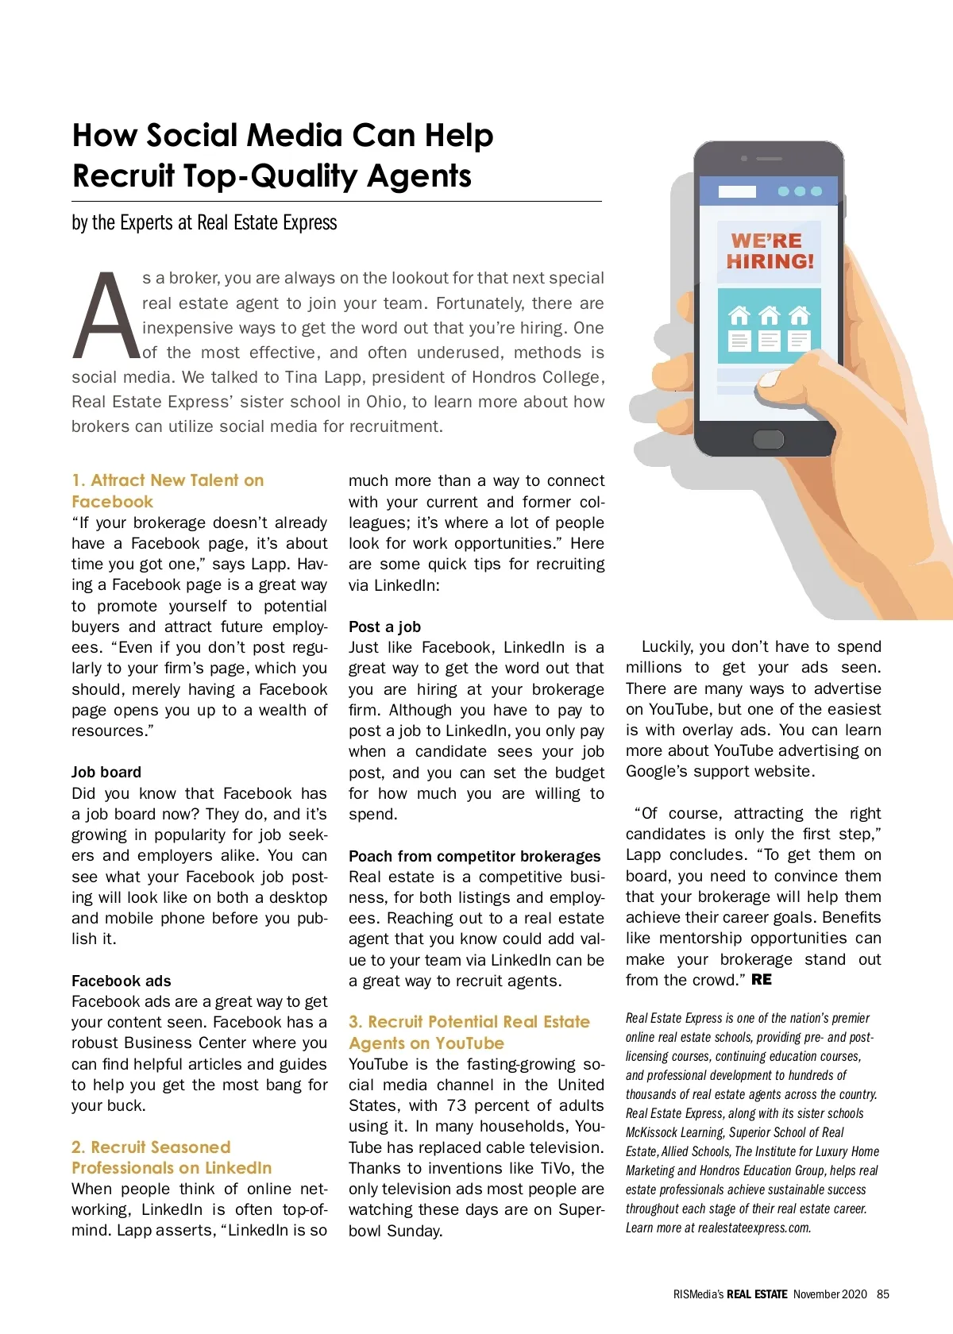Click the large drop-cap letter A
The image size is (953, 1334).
106,316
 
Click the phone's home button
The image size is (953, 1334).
768,439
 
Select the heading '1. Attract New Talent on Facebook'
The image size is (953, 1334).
167,491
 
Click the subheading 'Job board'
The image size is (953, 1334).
106,772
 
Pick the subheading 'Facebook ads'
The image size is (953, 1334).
121,981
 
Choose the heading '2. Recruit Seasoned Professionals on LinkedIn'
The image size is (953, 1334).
171,1158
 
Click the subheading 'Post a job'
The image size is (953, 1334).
384,627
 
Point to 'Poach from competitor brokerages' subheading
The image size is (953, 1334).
474,856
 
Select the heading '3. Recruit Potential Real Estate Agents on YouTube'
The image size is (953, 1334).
469,1032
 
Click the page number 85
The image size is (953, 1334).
882,1294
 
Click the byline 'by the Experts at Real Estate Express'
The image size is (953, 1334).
204,223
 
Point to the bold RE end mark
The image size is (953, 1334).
761,980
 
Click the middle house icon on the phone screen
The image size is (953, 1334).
769,316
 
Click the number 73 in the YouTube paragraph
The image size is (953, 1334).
457,1105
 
